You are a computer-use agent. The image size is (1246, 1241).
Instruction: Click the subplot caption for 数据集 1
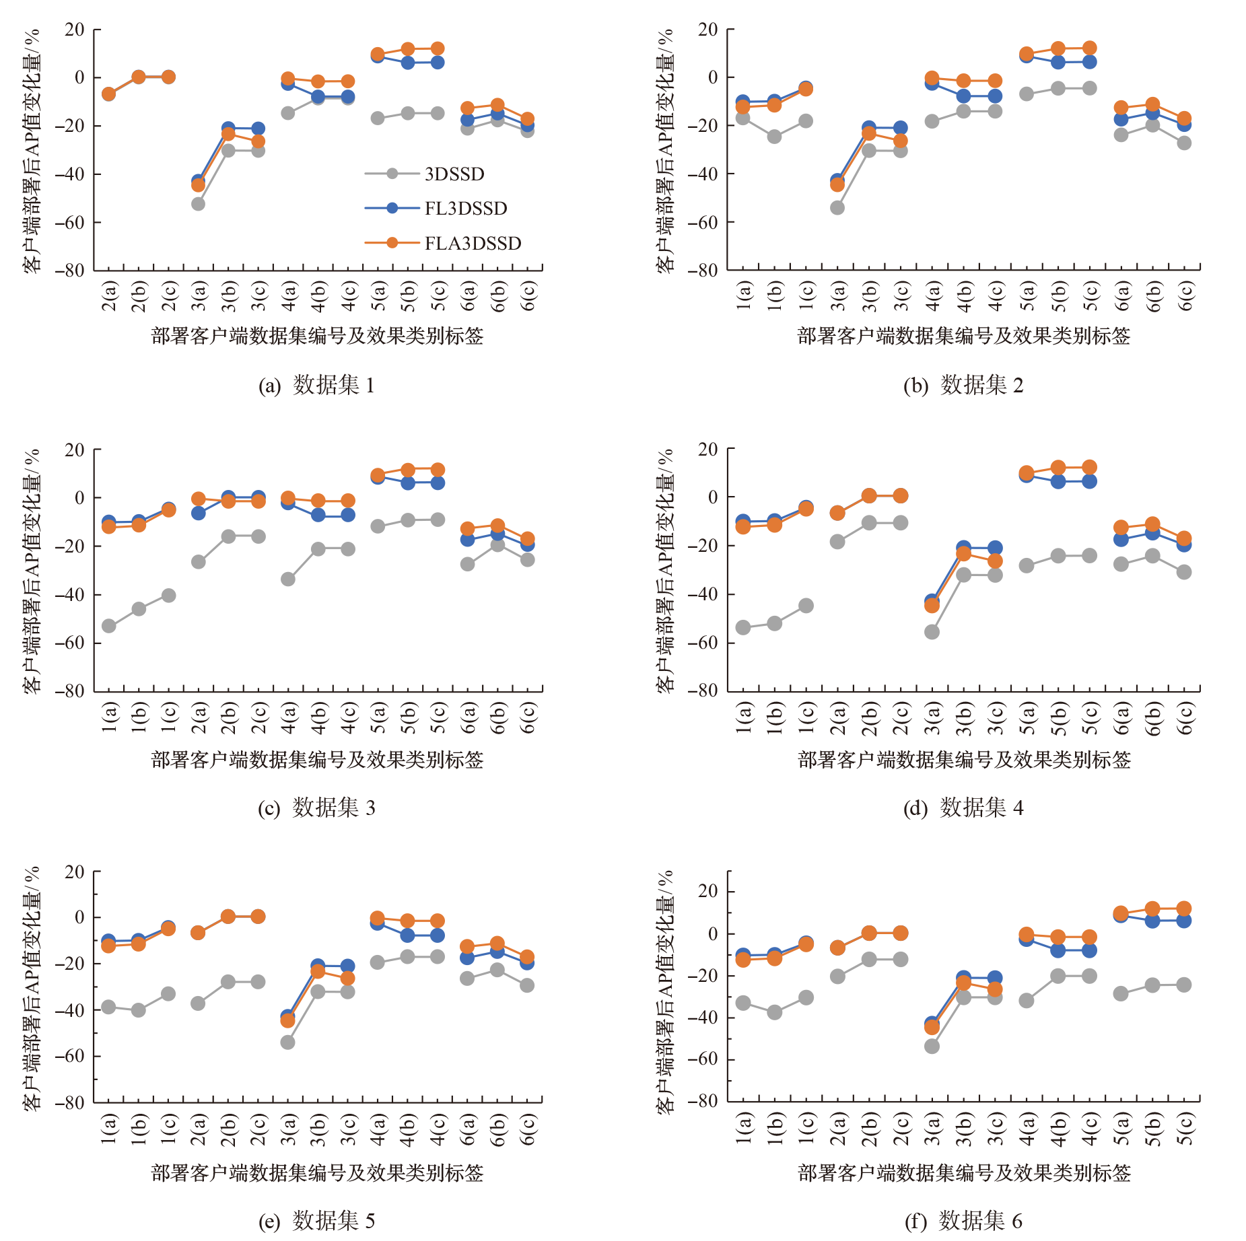[316, 386]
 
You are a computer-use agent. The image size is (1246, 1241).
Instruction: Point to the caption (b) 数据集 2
[963, 386]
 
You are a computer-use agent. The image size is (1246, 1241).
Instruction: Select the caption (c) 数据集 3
[316, 808]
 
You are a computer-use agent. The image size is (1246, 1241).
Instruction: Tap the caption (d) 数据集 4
[963, 808]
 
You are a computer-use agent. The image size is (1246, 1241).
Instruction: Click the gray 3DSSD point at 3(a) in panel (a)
[198, 203]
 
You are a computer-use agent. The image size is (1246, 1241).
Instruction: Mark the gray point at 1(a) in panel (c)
[108, 626]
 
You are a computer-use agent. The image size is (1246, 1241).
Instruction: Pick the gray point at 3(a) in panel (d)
[932, 632]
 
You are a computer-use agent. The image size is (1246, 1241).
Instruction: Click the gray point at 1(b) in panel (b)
[774, 137]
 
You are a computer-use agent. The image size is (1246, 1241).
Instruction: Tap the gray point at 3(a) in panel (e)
[287, 1042]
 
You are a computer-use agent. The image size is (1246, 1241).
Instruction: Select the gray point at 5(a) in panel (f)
[1121, 993]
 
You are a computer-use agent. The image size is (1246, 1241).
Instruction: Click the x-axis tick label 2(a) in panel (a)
[109, 297]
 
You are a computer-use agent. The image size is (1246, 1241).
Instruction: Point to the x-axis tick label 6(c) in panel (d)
[1184, 718]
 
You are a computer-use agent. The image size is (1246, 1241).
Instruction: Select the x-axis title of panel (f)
[964, 1173]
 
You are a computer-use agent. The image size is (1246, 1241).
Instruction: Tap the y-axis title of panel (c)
[32, 571]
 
